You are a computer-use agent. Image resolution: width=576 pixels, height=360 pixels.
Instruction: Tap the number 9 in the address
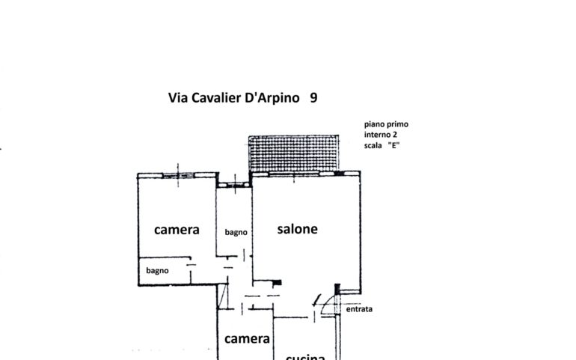(313, 98)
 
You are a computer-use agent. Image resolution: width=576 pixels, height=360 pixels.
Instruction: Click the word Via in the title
(178, 98)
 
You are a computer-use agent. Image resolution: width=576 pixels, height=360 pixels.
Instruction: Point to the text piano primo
(386, 124)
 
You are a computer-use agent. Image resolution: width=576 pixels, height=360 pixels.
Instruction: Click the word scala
(376, 145)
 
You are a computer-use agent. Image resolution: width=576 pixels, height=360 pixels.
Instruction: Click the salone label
(297, 229)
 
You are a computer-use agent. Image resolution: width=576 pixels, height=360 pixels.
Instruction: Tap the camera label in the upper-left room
(177, 230)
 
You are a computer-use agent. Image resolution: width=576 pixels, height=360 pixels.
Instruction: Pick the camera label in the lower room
(247, 339)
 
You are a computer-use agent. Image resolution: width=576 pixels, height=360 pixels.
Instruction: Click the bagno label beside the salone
(235, 232)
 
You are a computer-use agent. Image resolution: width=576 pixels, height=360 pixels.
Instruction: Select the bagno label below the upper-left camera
(157, 270)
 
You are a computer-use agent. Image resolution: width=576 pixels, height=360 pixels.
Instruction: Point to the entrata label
(359, 308)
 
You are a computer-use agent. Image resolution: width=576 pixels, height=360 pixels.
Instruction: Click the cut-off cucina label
(305, 356)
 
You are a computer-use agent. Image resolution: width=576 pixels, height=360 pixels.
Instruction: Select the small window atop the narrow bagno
(234, 181)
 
